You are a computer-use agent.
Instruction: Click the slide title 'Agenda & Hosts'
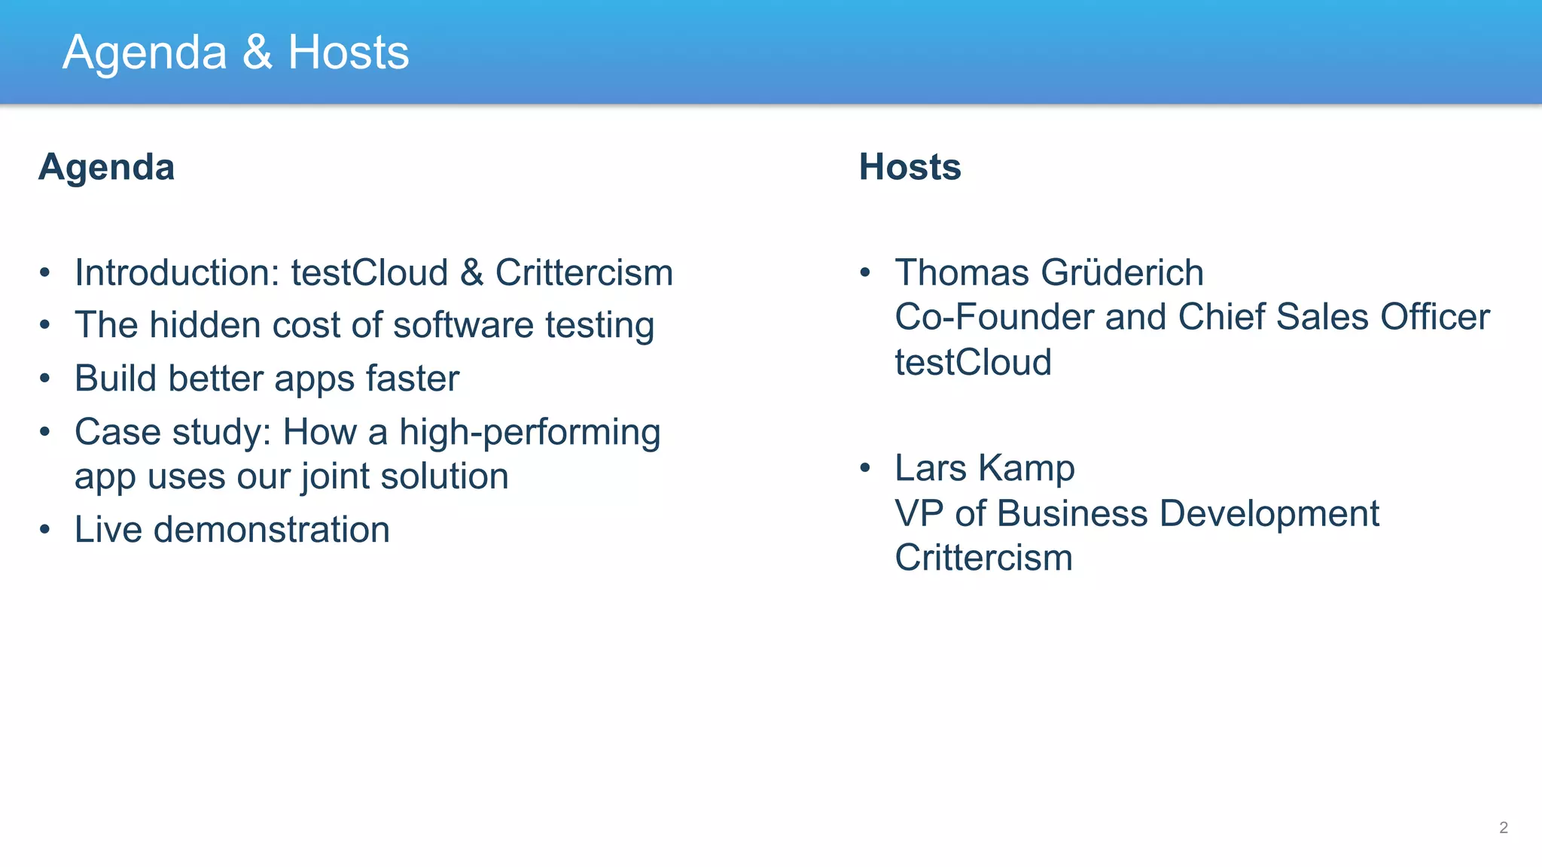pyautogui.click(x=236, y=53)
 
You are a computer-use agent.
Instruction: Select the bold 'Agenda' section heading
pyautogui.click(x=106, y=167)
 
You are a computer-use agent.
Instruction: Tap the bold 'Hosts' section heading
pyautogui.click(x=910, y=167)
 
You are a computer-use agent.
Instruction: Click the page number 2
pyautogui.click(x=1503, y=828)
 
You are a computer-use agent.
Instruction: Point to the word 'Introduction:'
pyautogui.click(x=177, y=272)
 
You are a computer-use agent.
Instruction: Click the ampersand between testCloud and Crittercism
pyautogui.click(x=471, y=272)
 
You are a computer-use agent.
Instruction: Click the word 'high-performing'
pyautogui.click(x=529, y=433)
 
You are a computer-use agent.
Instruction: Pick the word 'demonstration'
pyautogui.click(x=272, y=530)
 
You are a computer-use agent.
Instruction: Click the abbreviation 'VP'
pyautogui.click(x=919, y=513)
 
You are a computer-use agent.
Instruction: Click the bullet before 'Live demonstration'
pyautogui.click(x=45, y=530)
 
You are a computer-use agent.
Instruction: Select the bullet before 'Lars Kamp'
pyautogui.click(x=865, y=468)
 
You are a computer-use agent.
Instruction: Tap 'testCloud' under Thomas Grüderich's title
pyautogui.click(x=973, y=362)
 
